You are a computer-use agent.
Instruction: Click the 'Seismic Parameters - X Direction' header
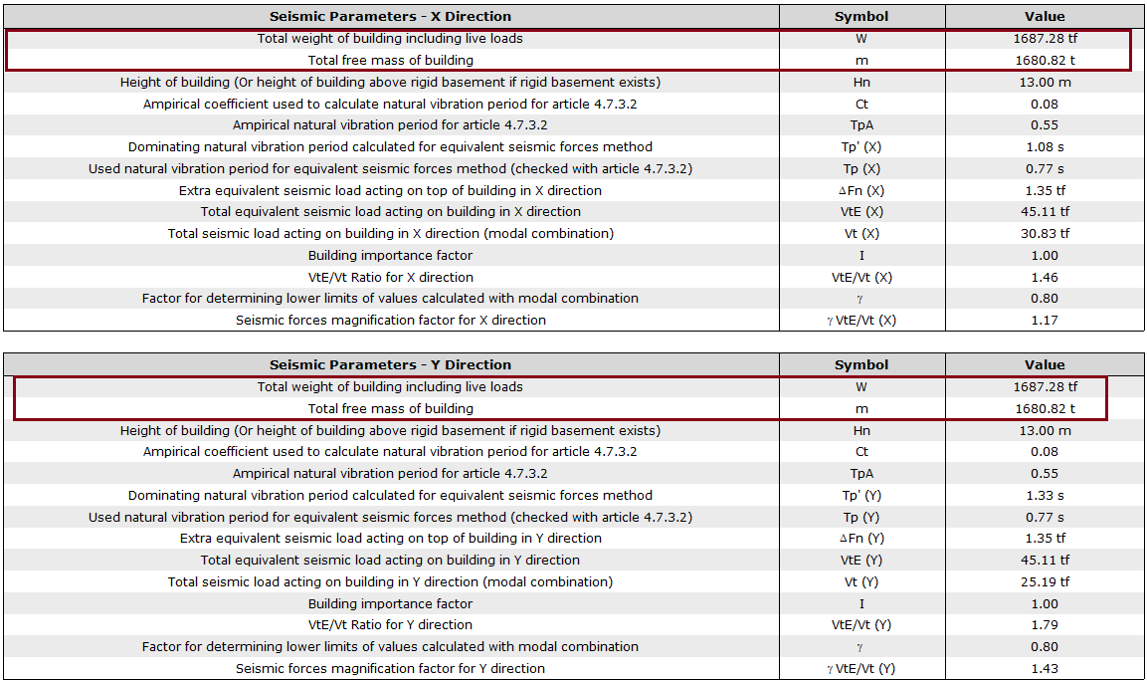tap(390, 16)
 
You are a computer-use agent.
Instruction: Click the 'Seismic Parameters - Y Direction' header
tap(390, 364)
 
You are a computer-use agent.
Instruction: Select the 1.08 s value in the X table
tap(1045, 147)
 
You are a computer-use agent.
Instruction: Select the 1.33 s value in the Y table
tap(1045, 496)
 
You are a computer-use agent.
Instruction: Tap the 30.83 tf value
tap(1045, 233)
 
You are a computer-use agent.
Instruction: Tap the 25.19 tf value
tap(1045, 581)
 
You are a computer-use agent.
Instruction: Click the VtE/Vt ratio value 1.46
tap(1045, 277)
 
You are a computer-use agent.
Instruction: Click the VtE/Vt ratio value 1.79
tap(1045, 625)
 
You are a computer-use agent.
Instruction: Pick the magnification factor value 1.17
tap(1045, 321)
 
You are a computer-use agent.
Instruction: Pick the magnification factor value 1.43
tap(1045, 669)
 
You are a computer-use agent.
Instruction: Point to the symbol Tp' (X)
tap(861, 147)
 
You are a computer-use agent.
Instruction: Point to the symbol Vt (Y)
tap(861, 581)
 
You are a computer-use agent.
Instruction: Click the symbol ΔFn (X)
tap(861, 190)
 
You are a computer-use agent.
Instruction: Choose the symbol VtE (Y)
tap(861, 560)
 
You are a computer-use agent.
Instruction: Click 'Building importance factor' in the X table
tap(390, 255)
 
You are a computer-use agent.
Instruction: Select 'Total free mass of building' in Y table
tap(390, 408)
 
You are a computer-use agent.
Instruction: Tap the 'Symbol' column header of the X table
tap(861, 16)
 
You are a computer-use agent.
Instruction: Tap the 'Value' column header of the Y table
tap(1045, 364)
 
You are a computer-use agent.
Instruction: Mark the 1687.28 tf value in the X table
tap(1045, 39)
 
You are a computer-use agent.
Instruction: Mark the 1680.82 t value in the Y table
tap(1045, 408)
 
